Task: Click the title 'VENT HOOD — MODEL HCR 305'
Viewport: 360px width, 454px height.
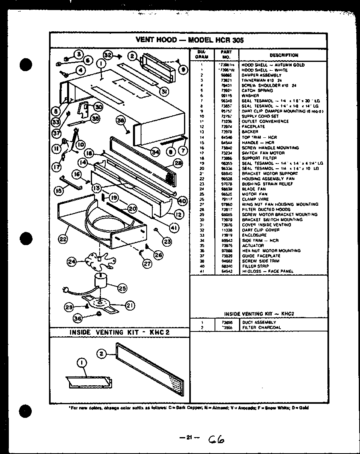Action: tap(190, 40)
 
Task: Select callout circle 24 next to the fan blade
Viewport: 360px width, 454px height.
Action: tap(72, 262)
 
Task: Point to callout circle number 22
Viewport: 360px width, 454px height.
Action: tap(63, 239)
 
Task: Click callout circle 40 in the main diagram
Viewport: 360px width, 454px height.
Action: tap(182, 201)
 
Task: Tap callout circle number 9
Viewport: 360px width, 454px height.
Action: tap(183, 70)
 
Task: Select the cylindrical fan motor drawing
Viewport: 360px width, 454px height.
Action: tap(102, 280)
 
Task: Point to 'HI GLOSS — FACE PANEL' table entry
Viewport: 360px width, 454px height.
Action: tap(268, 271)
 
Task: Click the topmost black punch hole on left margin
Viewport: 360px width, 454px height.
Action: tap(26, 65)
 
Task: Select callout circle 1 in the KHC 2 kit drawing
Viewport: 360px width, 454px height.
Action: tap(82, 363)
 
